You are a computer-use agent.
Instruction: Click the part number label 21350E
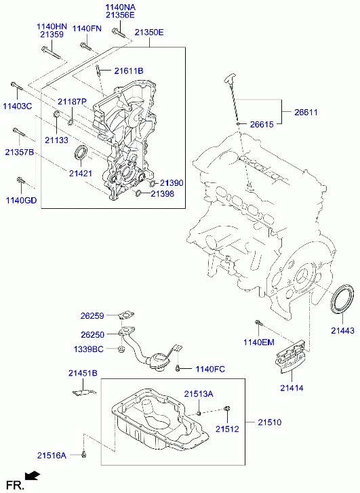tap(149, 33)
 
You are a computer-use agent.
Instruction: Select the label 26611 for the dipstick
tap(306, 113)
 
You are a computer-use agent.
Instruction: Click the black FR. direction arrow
tap(33, 476)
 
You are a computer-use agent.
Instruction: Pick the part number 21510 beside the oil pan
tap(269, 422)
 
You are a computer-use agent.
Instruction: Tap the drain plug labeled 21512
tap(227, 409)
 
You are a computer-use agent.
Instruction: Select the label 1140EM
tap(259, 342)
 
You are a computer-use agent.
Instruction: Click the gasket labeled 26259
tap(126, 315)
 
